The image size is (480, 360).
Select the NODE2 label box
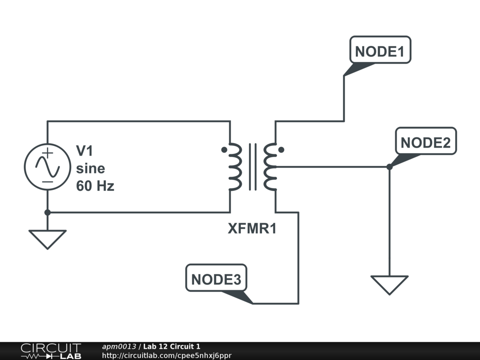pyautogui.click(x=426, y=142)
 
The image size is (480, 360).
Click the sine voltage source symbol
pyautogui.click(x=47, y=166)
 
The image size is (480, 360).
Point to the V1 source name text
pyautogui.click(x=86, y=151)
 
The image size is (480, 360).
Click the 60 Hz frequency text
pyautogui.click(x=95, y=186)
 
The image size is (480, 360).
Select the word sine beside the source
pyautogui.click(x=90, y=168)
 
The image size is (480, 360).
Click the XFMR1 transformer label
pyautogui.click(x=252, y=229)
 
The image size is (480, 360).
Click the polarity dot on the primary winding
pyautogui.click(x=224, y=150)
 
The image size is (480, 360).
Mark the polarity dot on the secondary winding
pyautogui.click(x=281, y=150)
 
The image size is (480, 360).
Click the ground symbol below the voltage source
pyautogui.click(x=47, y=239)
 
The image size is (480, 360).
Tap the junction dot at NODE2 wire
pyautogui.click(x=389, y=167)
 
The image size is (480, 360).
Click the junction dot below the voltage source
pyautogui.click(x=47, y=212)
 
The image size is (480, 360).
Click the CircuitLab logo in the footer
pyautogui.click(x=50, y=351)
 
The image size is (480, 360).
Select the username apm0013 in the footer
pyautogui.click(x=119, y=346)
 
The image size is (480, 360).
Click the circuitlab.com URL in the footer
pyautogui.click(x=166, y=355)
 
